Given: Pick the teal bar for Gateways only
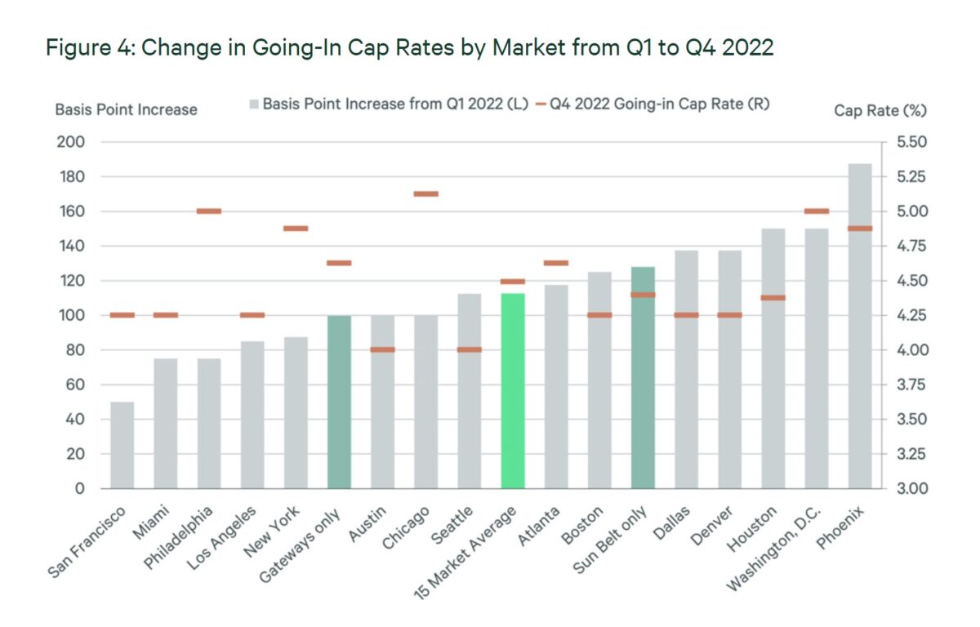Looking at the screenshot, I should pos(339,402).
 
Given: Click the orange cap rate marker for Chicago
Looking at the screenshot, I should pos(425,193).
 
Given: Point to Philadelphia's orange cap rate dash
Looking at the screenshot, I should pos(209,211).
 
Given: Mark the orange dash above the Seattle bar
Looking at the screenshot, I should pos(469,349).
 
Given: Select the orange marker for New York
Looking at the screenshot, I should pos(296,229).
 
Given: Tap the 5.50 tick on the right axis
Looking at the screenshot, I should pos(909,142).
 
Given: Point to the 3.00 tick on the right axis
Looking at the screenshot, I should pos(909,489).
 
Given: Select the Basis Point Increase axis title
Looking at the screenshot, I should pos(126,109).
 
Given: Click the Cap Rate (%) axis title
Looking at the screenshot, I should pos(880,109).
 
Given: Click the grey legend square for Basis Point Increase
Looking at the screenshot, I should pos(254,104).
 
